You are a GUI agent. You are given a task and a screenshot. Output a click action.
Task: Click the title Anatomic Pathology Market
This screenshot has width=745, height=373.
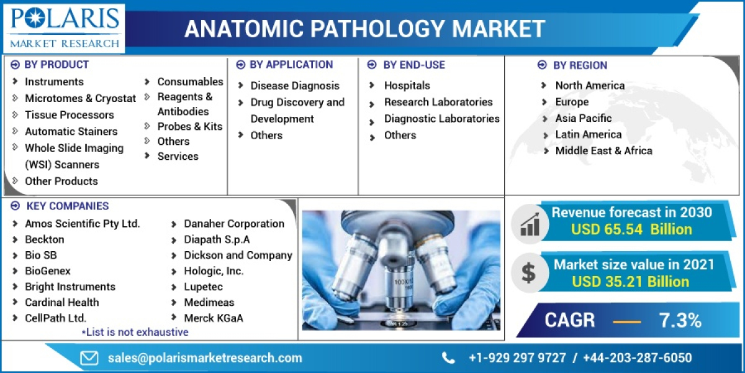(x=365, y=29)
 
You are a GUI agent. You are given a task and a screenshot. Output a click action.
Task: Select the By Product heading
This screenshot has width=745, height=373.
(x=56, y=65)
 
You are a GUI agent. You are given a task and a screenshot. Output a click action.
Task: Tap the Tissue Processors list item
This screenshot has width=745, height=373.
(x=69, y=115)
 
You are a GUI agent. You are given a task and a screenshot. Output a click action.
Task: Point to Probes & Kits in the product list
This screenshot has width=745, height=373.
(x=189, y=126)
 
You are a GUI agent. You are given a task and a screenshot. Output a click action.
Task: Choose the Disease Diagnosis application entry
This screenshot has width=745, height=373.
(x=294, y=86)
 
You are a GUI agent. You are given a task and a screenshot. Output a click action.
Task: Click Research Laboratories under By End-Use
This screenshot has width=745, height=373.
(x=438, y=102)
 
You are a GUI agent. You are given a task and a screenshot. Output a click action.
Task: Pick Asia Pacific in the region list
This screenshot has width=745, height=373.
(x=583, y=118)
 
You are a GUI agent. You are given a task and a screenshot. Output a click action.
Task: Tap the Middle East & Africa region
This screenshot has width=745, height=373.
(x=603, y=150)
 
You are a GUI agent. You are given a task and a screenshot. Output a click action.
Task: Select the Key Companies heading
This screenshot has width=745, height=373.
(x=67, y=206)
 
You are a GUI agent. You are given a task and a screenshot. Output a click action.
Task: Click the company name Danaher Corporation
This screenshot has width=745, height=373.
(x=234, y=224)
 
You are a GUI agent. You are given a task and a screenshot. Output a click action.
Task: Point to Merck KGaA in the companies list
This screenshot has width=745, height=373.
(x=213, y=318)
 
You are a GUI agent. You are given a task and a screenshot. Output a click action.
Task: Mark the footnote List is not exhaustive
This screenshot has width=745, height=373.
(x=135, y=332)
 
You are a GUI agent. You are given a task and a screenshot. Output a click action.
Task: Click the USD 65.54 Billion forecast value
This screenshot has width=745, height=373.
(x=631, y=229)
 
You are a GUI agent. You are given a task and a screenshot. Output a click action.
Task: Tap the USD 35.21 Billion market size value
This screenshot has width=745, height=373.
(x=630, y=282)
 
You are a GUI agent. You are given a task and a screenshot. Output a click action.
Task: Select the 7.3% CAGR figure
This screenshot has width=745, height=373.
(x=680, y=321)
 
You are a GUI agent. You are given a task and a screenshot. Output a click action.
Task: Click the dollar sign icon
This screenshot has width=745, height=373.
(x=528, y=272)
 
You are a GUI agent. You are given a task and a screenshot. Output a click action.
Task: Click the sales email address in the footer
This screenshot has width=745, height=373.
(x=205, y=358)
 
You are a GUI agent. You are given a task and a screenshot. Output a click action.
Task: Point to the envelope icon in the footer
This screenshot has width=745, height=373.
(x=89, y=358)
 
